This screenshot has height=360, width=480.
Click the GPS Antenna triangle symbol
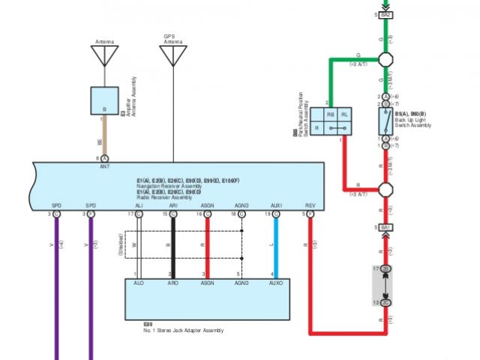(173, 55)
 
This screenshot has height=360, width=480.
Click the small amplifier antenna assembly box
(104, 100)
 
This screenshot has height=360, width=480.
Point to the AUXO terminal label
(276, 283)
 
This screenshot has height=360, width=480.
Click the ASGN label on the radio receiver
(208, 205)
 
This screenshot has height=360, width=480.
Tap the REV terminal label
(310, 205)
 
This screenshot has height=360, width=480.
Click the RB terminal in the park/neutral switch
(331, 114)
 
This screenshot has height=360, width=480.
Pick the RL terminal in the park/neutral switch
(344, 114)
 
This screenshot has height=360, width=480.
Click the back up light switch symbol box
(385, 120)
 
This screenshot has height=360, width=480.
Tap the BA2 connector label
(386, 15)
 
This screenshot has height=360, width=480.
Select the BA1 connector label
(386, 226)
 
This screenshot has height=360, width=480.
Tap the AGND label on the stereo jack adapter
(241, 283)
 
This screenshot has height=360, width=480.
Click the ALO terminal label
(139, 283)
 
